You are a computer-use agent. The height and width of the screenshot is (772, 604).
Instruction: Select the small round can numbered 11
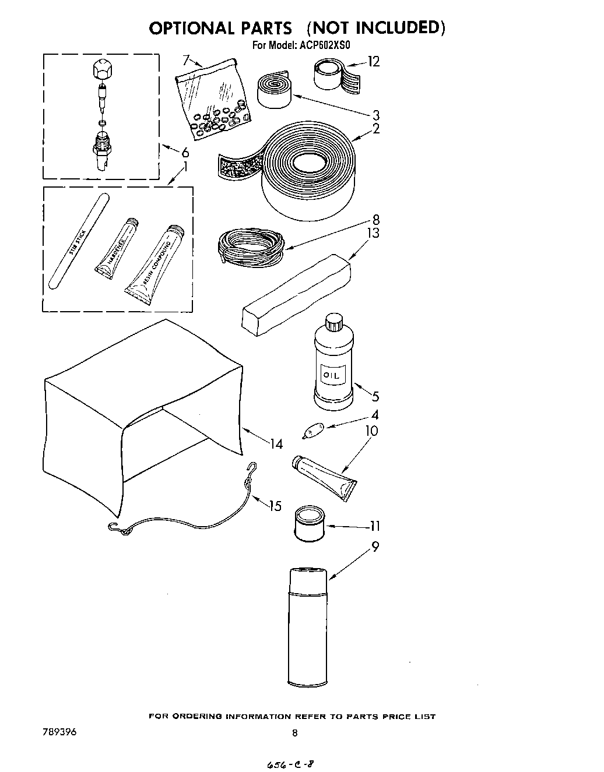click(309, 523)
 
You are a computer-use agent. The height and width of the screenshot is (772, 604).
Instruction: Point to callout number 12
click(373, 61)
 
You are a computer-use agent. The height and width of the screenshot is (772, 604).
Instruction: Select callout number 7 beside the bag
click(186, 59)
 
